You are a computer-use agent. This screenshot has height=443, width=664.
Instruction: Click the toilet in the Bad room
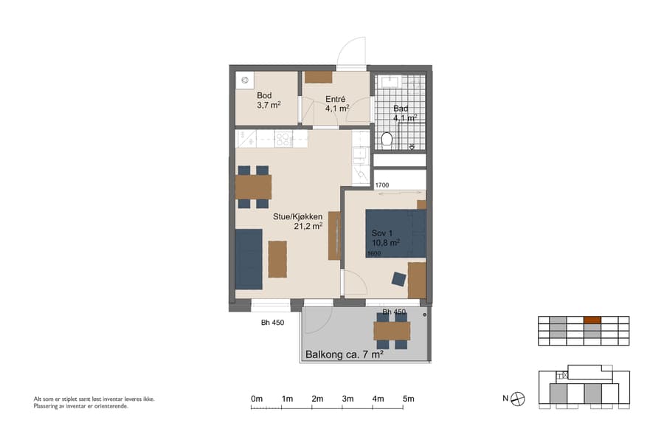(x=386, y=140)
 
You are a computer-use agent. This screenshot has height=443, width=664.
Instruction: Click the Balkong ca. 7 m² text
(x=344, y=355)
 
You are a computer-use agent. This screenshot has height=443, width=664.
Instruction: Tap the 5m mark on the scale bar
(x=408, y=399)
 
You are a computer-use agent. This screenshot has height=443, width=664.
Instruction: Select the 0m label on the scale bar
(x=257, y=399)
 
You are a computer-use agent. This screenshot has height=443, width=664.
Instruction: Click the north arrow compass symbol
(x=519, y=399)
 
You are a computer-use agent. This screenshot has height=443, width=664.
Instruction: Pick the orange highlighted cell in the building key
(x=592, y=320)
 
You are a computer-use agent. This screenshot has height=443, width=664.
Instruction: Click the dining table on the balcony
(x=391, y=331)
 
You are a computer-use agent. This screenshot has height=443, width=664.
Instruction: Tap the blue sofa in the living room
(x=249, y=259)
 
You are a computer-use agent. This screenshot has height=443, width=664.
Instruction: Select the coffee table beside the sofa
(x=277, y=258)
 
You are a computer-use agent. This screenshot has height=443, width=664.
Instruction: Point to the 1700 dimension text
(x=381, y=185)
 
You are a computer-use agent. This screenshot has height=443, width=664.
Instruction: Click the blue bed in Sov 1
(x=396, y=233)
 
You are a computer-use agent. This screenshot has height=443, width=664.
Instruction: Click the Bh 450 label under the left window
(x=273, y=323)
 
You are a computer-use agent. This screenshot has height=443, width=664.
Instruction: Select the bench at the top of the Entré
(x=319, y=77)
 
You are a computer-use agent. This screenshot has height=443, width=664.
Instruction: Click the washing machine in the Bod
(x=243, y=80)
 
